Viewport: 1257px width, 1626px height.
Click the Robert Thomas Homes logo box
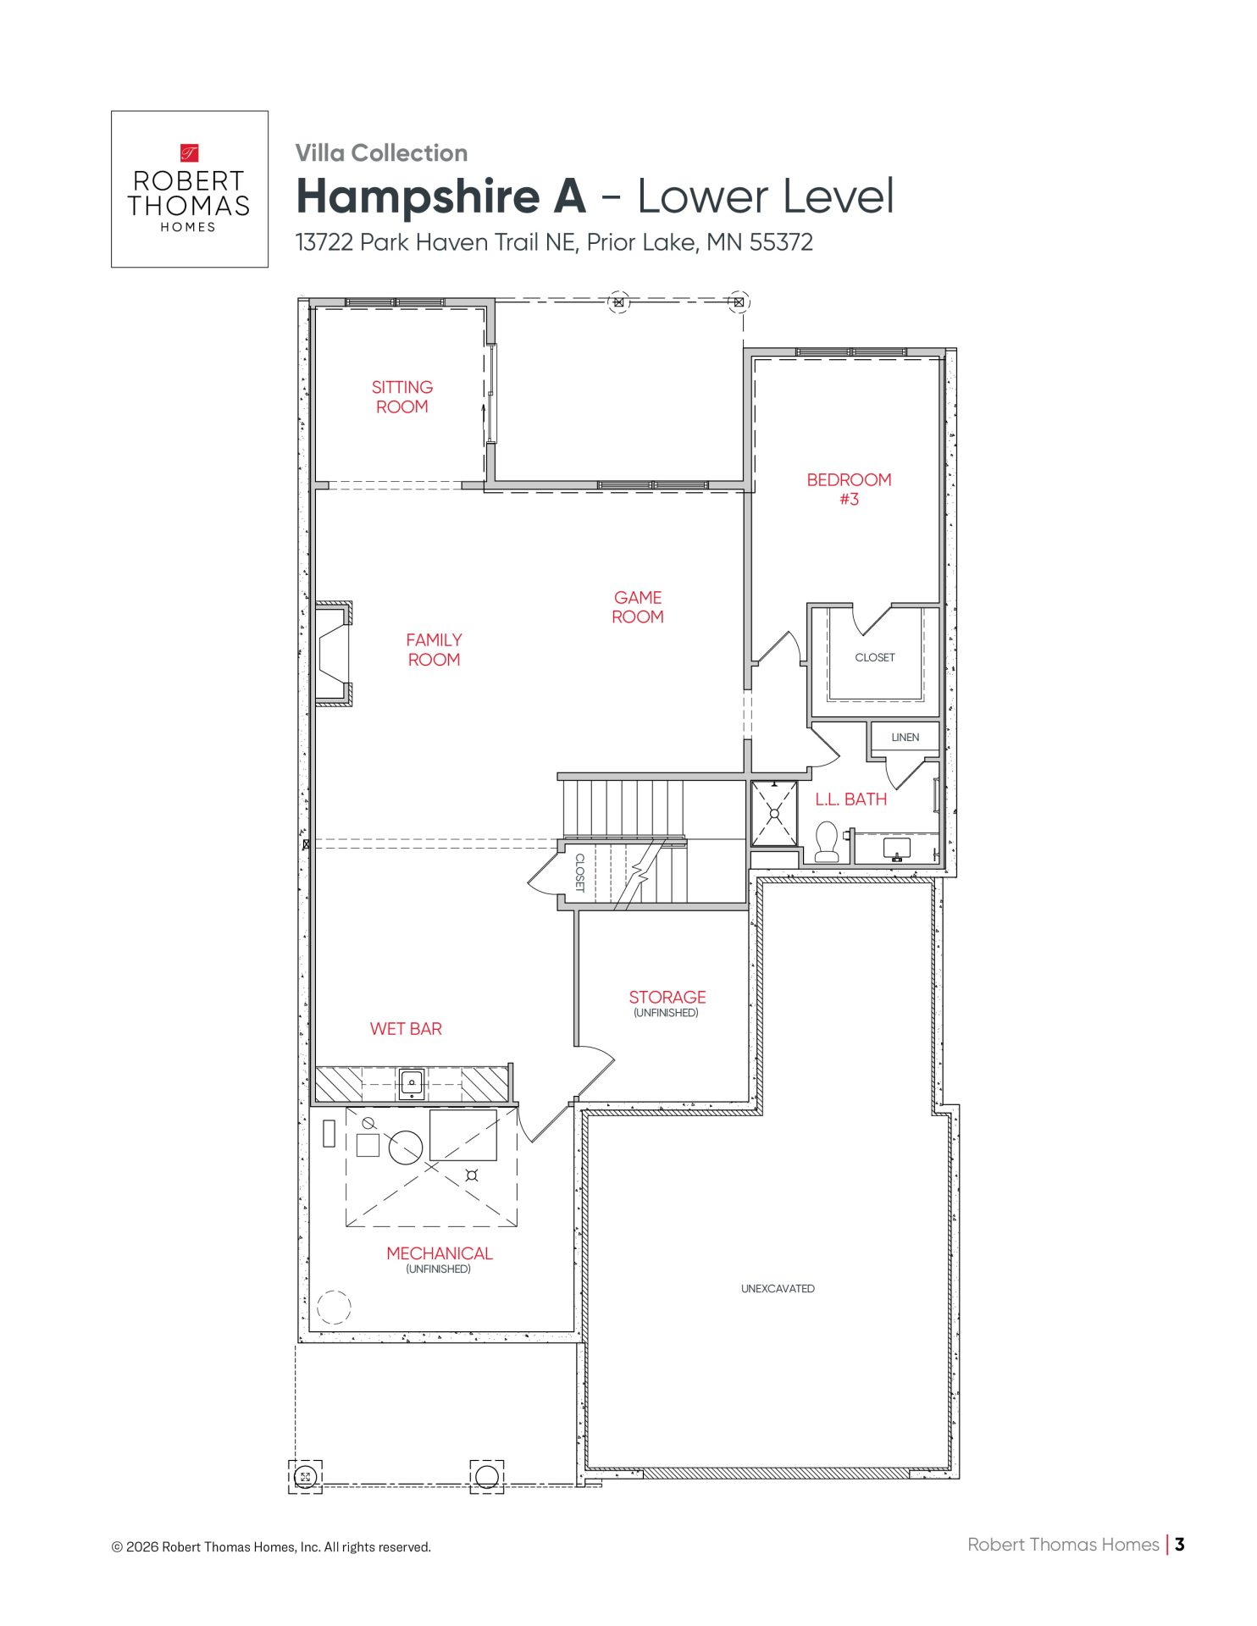pyautogui.click(x=190, y=189)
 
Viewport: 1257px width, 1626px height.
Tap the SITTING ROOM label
pyautogui.click(x=402, y=396)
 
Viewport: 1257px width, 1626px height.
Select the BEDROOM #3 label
pyautogui.click(x=849, y=489)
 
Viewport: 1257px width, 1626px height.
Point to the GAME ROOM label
pyautogui.click(x=638, y=607)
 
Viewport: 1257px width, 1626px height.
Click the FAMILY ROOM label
pyautogui.click(x=434, y=650)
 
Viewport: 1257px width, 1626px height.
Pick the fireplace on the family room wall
pyautogui.click(x=334, y=653)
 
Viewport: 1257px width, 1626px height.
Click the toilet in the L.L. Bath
pyautogui.click(x=827, y=842)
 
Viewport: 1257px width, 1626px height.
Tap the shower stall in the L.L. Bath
pyautogui.click(x=774, y=813)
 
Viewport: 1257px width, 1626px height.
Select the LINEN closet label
pyautogui.click(x=905, y=738)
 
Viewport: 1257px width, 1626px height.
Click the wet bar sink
pyautogui.click(x=412, y=1084)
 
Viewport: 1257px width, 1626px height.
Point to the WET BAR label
pyautogui.click(x=406, y=1029)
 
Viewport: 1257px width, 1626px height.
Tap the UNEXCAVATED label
pyautogui.click(x=778, y=1289)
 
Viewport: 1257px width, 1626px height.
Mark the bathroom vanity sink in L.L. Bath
pyautogui.click(x=896, y=848)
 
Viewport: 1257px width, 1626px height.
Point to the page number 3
pyautogui.click(x=1180, y=1544)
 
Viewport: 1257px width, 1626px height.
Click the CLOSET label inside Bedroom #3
pyautogui.click(x=875, y=657)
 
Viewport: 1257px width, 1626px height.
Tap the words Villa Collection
pyautogui.click(x=381, y=153)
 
